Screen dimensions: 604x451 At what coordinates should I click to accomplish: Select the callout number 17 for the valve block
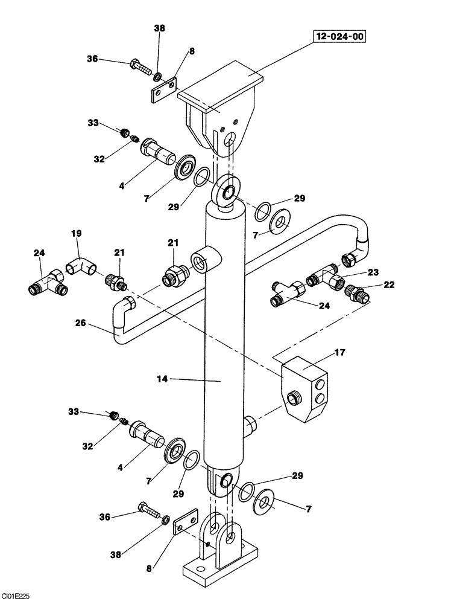click(340, 352)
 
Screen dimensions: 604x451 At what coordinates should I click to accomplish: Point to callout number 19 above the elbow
click(77, 233)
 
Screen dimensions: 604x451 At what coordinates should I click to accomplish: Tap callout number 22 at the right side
click(389, 284)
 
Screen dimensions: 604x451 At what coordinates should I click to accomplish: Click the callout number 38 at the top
click(159, 28)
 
